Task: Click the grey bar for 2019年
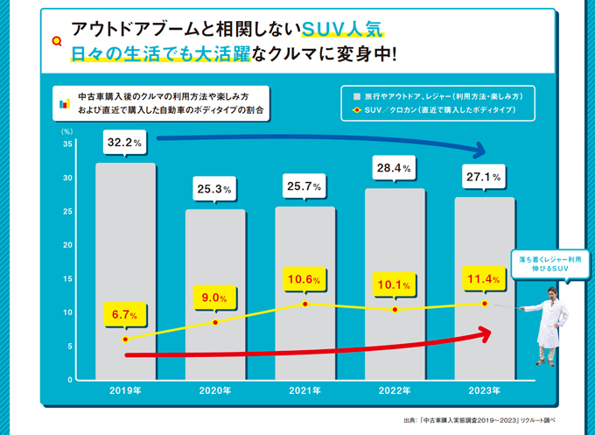tap(126, 271)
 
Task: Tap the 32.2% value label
tap(126, 141)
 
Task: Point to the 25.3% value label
tap(215, 188)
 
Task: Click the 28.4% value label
tap(395, 166)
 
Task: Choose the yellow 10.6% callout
tap(304, 280)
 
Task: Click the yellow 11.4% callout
tap(483, 279)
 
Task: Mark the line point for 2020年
tap(215, 323)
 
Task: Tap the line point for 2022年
tap(395, 310)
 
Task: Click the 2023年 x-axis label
tap(483, 390)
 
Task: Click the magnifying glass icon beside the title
tap(58, 40)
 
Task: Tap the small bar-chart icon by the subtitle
tap(64, 103)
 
